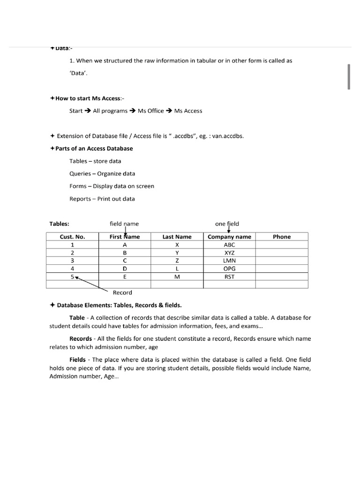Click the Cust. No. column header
point(72,237)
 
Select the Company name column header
point(229,237)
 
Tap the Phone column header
point(282,237)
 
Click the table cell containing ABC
point(229,245)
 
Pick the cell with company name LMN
point(229,261)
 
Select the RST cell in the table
point(229,277)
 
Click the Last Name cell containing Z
point(177,261)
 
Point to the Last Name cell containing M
point(177,277)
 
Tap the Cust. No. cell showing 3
point(72,261)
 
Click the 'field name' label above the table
point(124,224)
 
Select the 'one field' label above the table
point(227,224)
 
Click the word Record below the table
point(122,292)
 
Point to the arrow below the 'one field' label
point(229,230)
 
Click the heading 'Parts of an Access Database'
point(94,149)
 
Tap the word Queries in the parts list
point(80,173)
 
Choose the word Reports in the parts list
point(80,199)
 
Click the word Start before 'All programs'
point(76,111)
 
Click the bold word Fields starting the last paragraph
point(77,360)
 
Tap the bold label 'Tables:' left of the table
point(59,224)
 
